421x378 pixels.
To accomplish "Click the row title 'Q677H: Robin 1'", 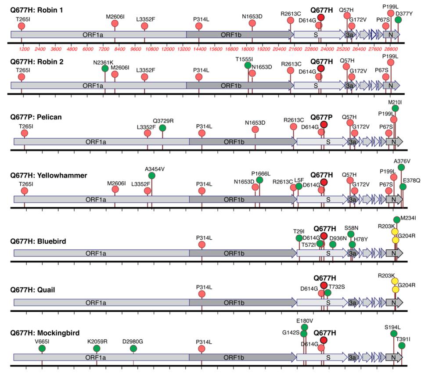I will (37, 10).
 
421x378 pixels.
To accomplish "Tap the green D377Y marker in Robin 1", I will (398, 20).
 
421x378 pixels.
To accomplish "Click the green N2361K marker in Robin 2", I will (105, 68).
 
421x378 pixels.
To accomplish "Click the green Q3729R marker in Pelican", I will (162, 128).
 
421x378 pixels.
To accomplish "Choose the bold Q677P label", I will (323, 117).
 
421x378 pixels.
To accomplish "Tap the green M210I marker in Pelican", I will (395, 108).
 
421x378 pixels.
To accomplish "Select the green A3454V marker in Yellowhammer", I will (152, 176).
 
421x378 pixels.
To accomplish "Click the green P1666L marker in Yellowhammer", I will (259, 180).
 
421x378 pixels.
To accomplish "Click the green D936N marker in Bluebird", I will (333, 245).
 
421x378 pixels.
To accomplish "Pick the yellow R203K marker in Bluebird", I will (395, 232).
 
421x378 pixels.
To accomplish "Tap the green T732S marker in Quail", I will (327, 293).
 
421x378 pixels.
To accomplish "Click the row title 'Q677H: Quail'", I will (33, 290).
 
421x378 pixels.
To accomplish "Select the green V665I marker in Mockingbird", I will (42, 348).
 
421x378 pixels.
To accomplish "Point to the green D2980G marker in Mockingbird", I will (133, 348).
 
